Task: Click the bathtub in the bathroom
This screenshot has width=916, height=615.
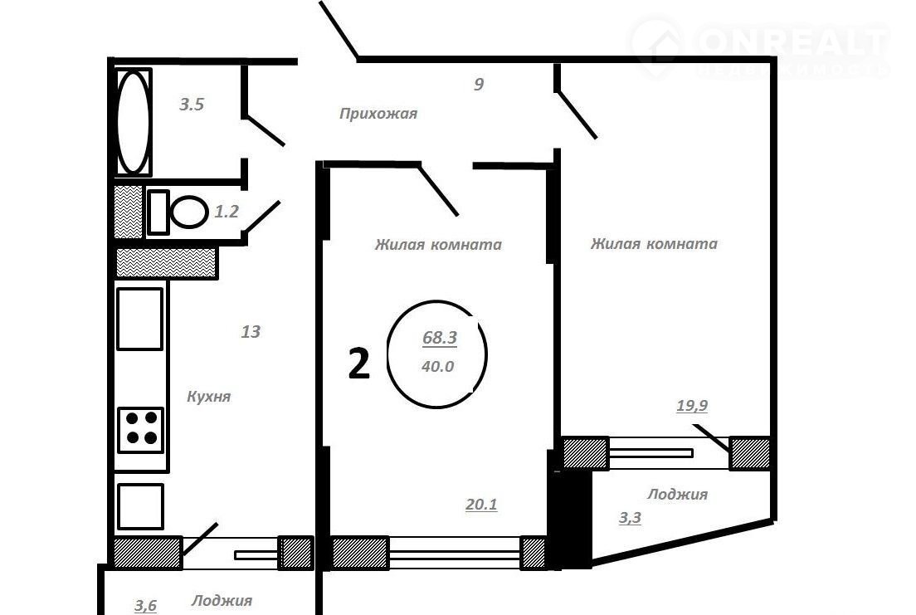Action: click(134, 122)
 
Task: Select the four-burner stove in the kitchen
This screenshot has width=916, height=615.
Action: click(141, 430)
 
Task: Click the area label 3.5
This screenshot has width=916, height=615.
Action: click(192, 105)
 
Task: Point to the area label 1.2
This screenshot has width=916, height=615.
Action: click(226, 211)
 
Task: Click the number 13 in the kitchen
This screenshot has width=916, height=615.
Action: click(251, 331)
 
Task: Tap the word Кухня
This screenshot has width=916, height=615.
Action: click(208, 397)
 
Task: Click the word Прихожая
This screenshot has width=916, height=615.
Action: click(378, 114)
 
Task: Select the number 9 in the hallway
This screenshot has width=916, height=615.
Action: click(479, 84)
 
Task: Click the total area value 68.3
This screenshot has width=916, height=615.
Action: click(440, 337)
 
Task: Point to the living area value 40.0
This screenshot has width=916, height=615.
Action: click(437, 367)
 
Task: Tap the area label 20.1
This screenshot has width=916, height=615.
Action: click(481, 504)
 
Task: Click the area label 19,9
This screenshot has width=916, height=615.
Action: click(692, 405)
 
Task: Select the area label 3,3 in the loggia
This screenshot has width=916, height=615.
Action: click(630, 517)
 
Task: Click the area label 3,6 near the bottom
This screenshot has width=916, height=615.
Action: click(145, 606)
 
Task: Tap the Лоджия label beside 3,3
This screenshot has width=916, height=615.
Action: click(678, 495)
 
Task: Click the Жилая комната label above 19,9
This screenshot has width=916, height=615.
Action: click(654, 244)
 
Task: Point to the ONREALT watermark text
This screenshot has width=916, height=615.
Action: click(793, 41)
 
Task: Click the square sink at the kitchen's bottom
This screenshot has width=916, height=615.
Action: click(140, 506)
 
